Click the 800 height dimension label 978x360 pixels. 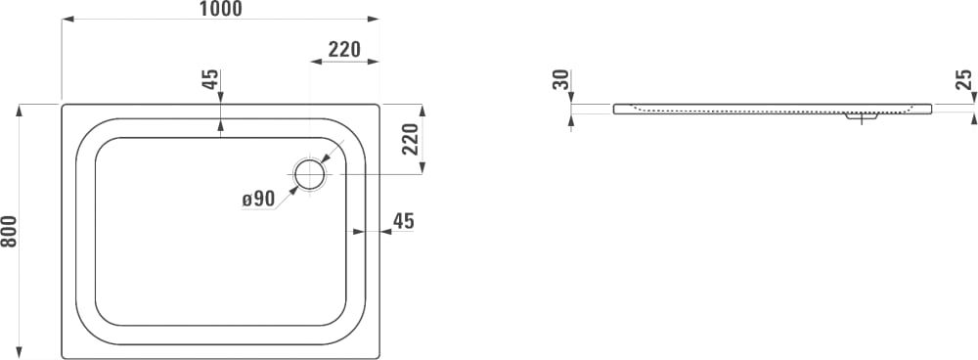[x=9, y=231]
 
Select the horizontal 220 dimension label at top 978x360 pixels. [x=345, y=49]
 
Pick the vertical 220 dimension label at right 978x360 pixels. [x=410, y=138]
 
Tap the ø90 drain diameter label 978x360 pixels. [x=259, y=199]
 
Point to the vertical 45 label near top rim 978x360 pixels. [x=211, y=79]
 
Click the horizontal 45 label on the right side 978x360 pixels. [x=404, y=221]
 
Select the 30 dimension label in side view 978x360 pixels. [x=561, y=79]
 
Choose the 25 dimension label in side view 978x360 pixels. [x=964, y=79]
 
